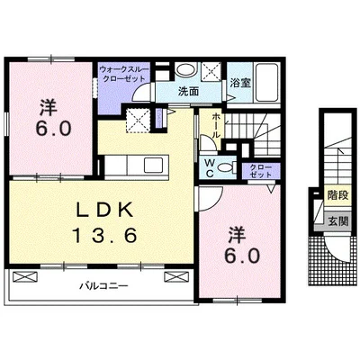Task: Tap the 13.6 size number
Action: [x=104, y=235]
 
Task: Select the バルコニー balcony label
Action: [x=103, y=286]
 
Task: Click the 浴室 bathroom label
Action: [x=240, y=83]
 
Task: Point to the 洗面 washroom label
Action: [x=188, y=92]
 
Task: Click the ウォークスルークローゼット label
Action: [x=123, y=74]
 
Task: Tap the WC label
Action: [x=210, y=168]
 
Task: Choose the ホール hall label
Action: [x=215, y=126]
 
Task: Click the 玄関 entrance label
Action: [x=337, y=221]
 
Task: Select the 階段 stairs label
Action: [x=337, y=195]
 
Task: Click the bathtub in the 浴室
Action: [x=266, y=83]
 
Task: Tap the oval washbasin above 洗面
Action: [x=186, y=70]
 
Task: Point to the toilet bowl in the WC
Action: [x=225, y=167]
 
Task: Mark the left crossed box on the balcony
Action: [x=24, y=276]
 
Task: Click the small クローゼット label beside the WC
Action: [x=261, y=171]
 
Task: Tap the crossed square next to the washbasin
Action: [x=211, y=71]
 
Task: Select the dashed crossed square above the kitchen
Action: [x=138, y=121]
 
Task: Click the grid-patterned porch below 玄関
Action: [x=330, y=261]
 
